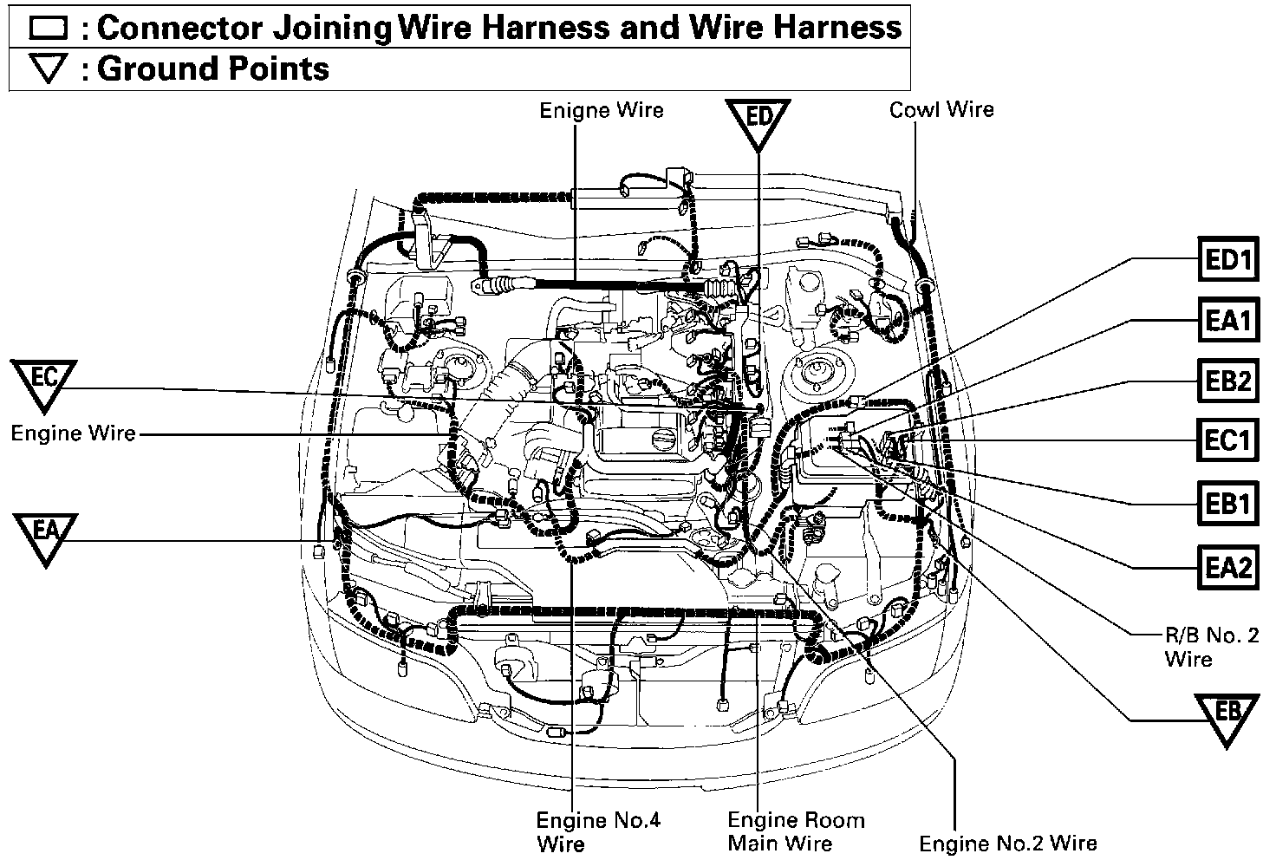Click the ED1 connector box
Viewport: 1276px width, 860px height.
(x=1227, y=258)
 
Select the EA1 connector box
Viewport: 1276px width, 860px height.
(x=1227, y=320)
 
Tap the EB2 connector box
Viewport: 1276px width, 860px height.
(x=1227, y=381)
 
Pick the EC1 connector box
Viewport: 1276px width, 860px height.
(x=1227, y=440)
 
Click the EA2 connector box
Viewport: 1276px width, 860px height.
(x=1227, y=567)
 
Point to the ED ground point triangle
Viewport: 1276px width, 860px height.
(x=758, y=121)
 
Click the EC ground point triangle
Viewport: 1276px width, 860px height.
(x=44, y=382)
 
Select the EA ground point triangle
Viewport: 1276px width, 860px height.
(x=46, y=535)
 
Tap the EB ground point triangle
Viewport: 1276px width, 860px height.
(x=1227, y=716)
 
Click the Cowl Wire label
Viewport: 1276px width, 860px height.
(x=941, y=110)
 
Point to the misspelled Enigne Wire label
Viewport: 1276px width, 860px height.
(x=601, y=111)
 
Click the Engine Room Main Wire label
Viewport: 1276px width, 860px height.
(x=795, y=831)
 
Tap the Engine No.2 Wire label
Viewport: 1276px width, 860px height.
(x=1007, y=843)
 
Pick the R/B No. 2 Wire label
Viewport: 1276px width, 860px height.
(x=1210, y=647)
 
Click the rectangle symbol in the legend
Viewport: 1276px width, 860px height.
(x=48, y=28)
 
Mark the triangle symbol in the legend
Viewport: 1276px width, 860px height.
(x=48, y=69)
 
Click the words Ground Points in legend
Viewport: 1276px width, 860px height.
(x=213, y=69)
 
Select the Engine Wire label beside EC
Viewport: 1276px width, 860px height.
(x=74, y=433)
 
